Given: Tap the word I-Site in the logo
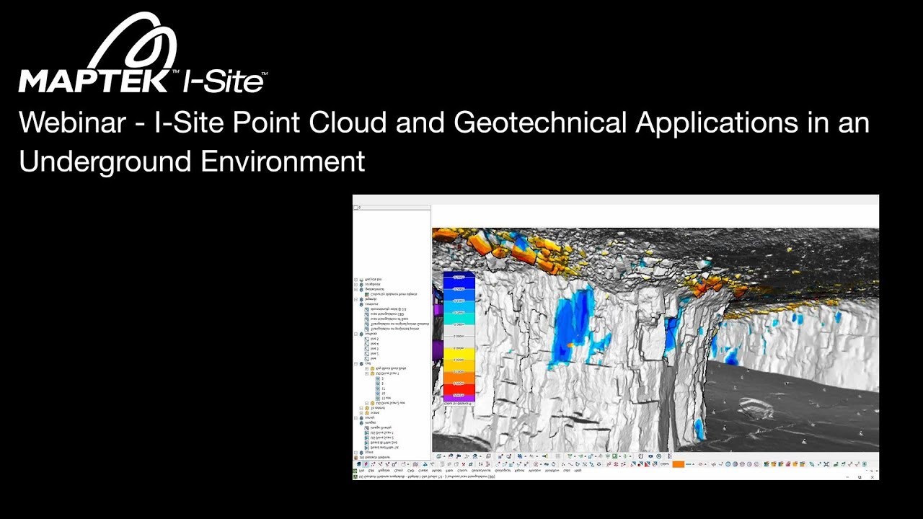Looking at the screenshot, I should (224, 81).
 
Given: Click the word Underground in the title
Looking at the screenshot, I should (105, 161).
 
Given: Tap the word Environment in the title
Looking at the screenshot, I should (283, 161).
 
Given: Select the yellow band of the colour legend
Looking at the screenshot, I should (459, 352).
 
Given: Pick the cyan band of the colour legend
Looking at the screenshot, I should (459, 313).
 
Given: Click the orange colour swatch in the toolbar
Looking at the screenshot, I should (678, 464).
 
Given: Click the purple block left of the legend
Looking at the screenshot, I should (437, 351).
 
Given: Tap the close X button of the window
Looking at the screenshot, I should (872, 476).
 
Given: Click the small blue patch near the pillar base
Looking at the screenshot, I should (698, 429).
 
